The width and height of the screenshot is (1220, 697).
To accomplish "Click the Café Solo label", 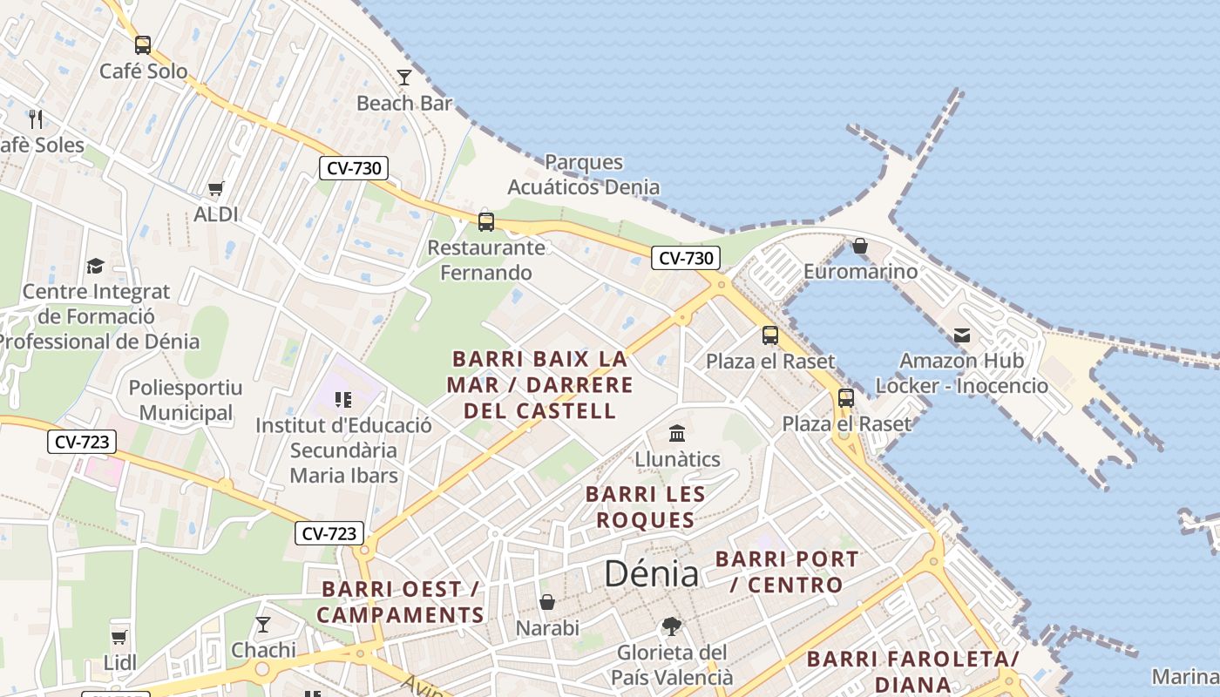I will (x=143, y=71).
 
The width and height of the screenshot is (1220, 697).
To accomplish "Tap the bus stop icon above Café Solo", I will (x=143, y=44).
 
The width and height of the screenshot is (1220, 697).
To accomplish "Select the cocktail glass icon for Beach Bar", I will (x=404, y=78).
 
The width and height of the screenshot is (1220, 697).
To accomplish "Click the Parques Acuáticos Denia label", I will (x=583, y=174).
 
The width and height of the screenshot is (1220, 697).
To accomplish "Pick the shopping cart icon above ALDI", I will (x=215, y=188).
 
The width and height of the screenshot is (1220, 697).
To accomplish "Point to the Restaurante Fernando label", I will (x=485, y=260).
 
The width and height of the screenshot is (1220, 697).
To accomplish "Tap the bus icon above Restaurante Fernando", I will (x=486, y=221).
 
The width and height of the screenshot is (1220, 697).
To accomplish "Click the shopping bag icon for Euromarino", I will (x=860, y=246).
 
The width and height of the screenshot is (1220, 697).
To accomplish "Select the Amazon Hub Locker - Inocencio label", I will (x=961, y=373).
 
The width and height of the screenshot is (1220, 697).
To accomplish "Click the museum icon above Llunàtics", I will (x=677, y=433).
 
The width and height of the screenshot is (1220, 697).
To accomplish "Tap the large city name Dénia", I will (x=651, y=573).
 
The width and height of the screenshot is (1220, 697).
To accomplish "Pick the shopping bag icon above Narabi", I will (x=547, y=602).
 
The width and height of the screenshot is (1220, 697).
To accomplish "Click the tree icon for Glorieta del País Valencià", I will (x=671, y=626).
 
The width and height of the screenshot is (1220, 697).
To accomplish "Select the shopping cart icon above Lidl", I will (x=119, y=637).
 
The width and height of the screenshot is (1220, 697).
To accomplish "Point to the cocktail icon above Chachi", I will (x=262, y=624).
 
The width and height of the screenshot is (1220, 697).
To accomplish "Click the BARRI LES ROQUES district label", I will (x=645, y=507).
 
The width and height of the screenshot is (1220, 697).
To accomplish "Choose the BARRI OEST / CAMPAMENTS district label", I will (x=400, y=602).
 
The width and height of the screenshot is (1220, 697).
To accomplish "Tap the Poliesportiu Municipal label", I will (x=186, y=400).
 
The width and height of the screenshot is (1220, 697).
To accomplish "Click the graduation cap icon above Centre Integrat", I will (x=95, y=266).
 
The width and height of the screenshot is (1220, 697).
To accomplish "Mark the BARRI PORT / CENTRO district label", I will (x=786, y=572).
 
